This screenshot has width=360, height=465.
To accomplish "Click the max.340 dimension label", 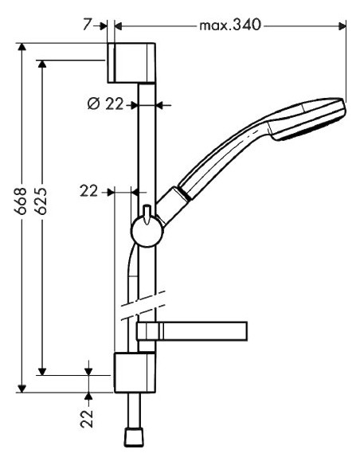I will (229, 27).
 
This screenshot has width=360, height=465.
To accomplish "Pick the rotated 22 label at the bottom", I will (89, 417).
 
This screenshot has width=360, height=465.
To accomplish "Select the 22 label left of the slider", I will (90, 191).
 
